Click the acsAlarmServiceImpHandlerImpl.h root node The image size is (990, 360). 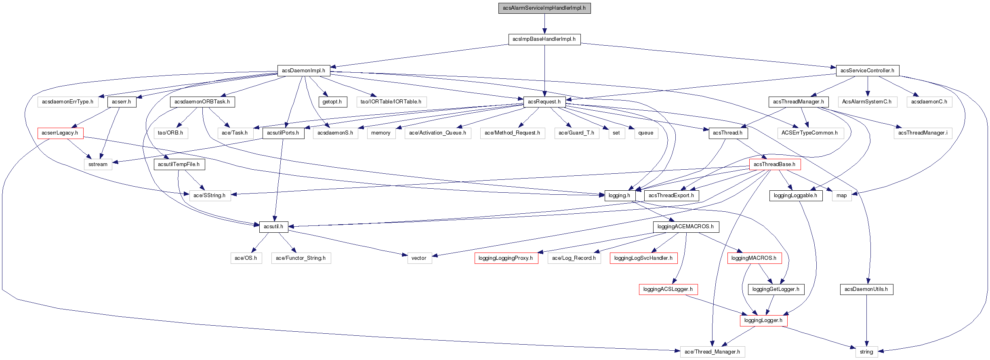pyautogui.click(x=544, y=8)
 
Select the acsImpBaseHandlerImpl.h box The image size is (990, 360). pyautogui.click(x=544, y=39)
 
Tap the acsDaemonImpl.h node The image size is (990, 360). pyautogui.click(x=303, y=70)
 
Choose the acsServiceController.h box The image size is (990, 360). pyautogui.click(x=867, y=70)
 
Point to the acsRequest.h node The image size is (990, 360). pyautogui.click(x=544, y=102)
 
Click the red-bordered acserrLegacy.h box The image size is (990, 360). pyautogui.click(x=60, y=133)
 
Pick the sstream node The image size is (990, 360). pyautogui.click(x=98, y=164)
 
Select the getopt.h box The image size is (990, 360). pyautogui.click(x=332, y=102)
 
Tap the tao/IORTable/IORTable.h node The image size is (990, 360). pyautogui.click(x=391, y=102)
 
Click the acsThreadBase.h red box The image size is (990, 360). pyautogui.click(x=774, y=164)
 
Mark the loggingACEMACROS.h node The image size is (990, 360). pyautogui.click(x=685, y=227)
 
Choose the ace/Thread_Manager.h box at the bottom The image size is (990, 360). pyautogui.click(x=712, y=352)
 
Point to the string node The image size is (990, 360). pyautogui.click(x=866, y=352)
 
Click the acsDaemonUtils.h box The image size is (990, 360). pyautogui.click(x=866, y=289)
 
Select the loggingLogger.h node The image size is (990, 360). pyautogui.click(x=763, y=320)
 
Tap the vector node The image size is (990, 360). pyautogui.click(x=419, y=258)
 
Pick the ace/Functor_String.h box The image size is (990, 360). pyautogui.click(x=301, y=258)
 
